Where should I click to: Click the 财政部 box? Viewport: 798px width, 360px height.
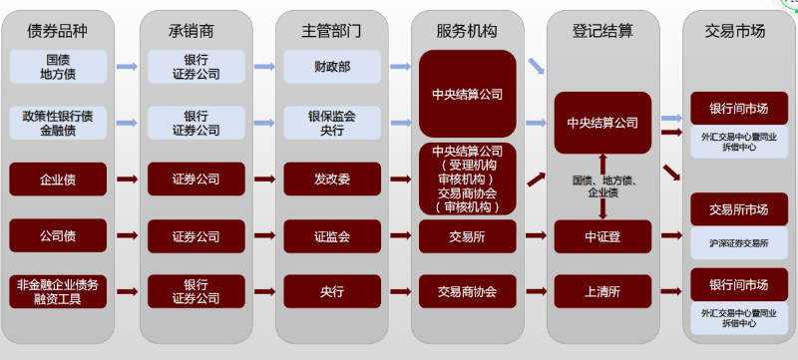click(331, 67)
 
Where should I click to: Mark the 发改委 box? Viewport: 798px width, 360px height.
click(331, 180)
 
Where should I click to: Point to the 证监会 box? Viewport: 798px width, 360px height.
click(331, 236)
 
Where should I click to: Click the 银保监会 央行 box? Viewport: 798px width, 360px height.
click(331, 123)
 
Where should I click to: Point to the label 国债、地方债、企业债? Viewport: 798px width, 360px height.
click(602, 186)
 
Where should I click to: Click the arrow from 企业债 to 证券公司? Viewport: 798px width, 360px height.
click(128, 180)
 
